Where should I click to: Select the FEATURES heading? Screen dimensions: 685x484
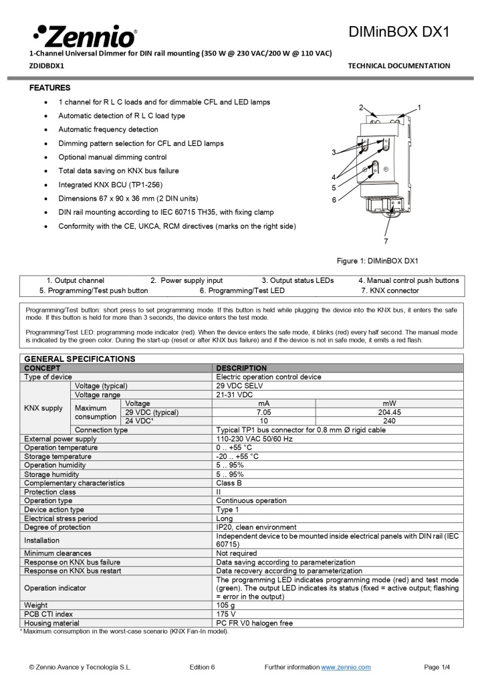[x=50, y=88]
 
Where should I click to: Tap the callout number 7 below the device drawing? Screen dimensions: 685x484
[x=386, y=241]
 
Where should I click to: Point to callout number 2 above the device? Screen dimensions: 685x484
[x=361, y=108]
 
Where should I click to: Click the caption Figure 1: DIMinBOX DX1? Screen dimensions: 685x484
[x=377, y=260]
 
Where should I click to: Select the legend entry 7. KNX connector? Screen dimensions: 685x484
[x=390, y=290]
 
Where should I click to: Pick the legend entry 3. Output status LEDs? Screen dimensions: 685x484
[x=297, y=280]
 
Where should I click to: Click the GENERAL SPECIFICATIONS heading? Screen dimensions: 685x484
[x=80, y=359]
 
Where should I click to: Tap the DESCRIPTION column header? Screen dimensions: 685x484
[x=241, y=368]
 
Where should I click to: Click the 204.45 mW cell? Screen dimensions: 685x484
[x=389, y=413]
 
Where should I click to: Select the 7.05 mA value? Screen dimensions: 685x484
[x=264, y=413]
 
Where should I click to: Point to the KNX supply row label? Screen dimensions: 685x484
[x=43, y=408]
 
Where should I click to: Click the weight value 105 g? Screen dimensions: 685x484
[x=225, y=605]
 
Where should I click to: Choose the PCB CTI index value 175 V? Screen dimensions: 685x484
[x=226, y=614]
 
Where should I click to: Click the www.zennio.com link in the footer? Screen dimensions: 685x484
[x=346, y=667]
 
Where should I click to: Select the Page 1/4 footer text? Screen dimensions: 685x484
[x=437, y=667]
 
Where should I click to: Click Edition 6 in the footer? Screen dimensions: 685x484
[x=202, y=667]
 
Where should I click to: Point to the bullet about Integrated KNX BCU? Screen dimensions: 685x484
[x=110, y=184]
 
